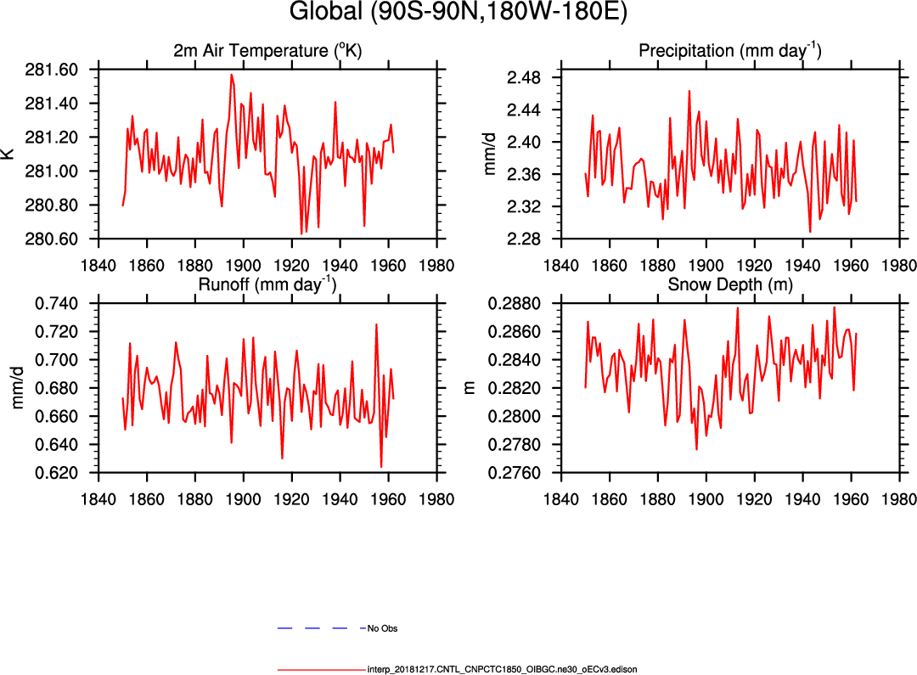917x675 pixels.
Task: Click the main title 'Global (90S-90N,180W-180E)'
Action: click(x=458, y=13)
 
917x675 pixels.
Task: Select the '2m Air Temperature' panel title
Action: click(x=267, y=51)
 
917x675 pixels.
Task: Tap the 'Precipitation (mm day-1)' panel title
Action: click(x=729, y=51)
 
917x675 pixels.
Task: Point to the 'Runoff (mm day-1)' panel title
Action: click(x=267, y=284)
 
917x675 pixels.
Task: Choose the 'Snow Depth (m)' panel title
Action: click(x=730, y=285)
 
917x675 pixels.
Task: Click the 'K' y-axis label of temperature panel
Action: click(x=8, y=154)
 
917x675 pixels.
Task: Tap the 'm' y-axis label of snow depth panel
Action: click(x=469, y=388)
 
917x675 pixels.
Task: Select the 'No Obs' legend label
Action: click(x=382, y=629)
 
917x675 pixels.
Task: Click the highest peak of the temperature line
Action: click(x=231, y=75)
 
